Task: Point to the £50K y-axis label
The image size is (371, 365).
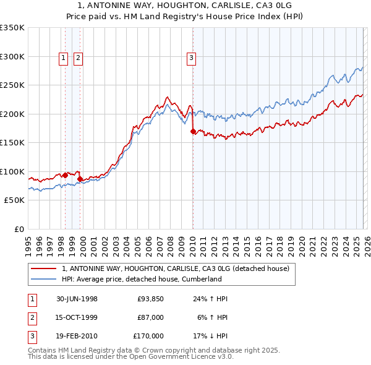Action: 14,200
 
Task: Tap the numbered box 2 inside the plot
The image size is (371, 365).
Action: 79,59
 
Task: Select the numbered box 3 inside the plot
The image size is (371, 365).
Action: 192,59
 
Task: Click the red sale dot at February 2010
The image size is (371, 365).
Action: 194,131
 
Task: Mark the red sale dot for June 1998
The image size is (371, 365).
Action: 66,175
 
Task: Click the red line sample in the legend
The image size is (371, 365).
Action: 44,268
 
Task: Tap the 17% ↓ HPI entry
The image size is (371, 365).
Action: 211,336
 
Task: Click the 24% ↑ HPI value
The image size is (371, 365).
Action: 211,299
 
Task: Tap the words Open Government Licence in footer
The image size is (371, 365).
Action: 175,356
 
